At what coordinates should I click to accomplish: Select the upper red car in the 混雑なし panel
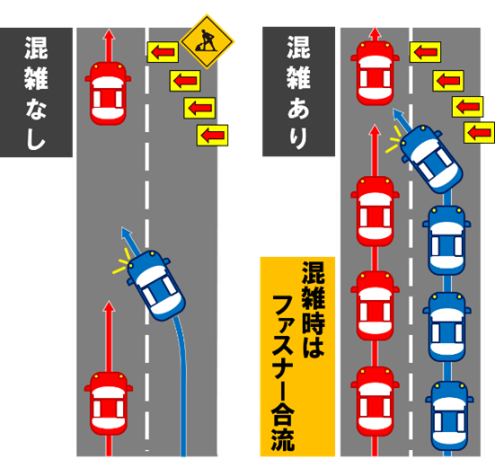tap(109, 91)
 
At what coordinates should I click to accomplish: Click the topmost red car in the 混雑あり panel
tap(376, 72)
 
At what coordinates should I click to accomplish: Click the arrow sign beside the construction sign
tap(163, 53)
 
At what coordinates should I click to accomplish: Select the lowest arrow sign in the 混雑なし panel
tap(212, 136)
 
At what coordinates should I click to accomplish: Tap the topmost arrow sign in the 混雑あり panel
tap(425, 53)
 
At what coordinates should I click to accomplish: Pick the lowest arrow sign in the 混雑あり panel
tap(480, 133)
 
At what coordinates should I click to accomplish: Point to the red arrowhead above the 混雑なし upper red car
tap(109, 37)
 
